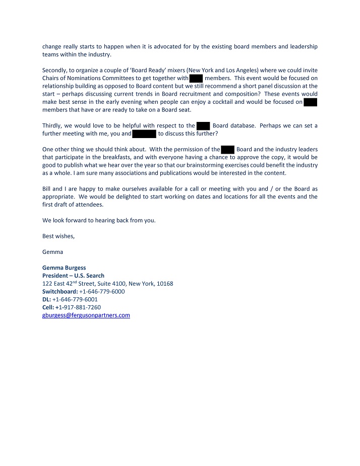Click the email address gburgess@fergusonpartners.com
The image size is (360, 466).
click(86, 315)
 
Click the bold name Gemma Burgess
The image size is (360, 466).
click(64, 268)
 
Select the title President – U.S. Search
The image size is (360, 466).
click(73, 276)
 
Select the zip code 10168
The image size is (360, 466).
click(164, 284)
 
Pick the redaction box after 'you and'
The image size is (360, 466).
click(144, 134)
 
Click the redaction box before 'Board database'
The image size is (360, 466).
click(203, 126)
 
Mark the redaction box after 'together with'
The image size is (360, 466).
click(196, 78)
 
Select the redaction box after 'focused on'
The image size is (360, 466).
click(311, 102)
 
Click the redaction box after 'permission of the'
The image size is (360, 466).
click(227, 149)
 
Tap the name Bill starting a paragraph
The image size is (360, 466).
click(47, 188)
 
